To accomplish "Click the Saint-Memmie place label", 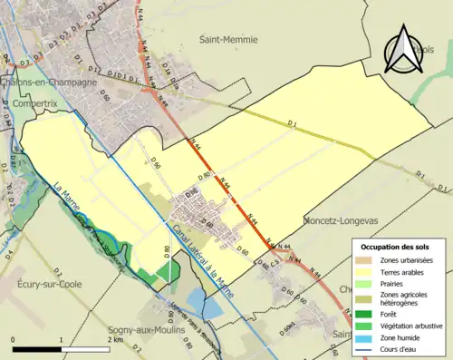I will click(x=228, y=40).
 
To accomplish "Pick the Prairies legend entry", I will click(x=399, y=282).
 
